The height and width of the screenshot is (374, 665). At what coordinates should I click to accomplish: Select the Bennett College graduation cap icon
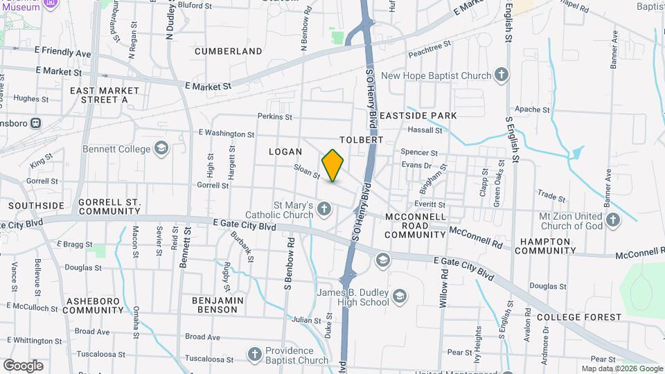(161, 148)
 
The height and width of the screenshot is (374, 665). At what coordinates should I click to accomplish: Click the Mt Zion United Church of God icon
(612, 220)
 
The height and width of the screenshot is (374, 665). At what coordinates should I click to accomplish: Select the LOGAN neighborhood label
(286, 151)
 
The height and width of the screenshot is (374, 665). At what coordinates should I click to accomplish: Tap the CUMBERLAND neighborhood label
(229, 51)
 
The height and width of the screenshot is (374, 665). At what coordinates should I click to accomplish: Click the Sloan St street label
(306, 171)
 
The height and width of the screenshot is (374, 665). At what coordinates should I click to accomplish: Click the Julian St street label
(306, 319)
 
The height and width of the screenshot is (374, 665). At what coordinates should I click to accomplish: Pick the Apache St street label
(532, 109)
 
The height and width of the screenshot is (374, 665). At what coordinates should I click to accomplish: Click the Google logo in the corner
(23, 366)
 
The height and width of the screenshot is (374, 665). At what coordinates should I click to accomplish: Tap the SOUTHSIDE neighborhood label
(36, 206)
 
